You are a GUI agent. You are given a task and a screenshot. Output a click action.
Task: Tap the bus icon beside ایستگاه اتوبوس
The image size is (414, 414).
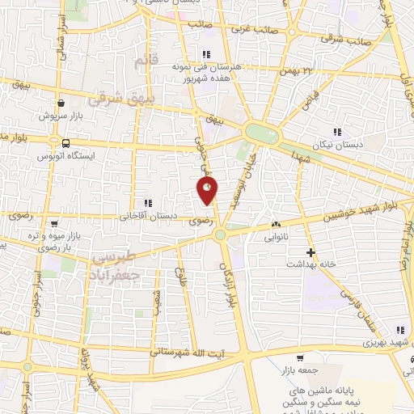(x=65, y=143)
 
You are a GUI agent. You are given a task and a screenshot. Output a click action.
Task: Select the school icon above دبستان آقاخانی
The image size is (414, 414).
(x=146, y=203)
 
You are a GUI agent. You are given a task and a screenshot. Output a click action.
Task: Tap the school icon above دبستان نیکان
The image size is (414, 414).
(x=337, y=131)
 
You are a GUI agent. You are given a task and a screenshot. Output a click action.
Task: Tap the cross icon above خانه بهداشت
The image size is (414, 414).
(x=310, y=252)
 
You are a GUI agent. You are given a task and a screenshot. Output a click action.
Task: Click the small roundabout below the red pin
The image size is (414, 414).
(x=220, y=234)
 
